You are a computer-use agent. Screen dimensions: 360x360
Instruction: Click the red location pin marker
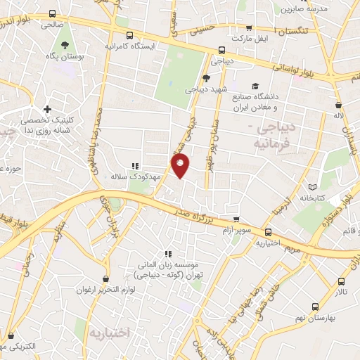pyautogui.click(x=181, y=166)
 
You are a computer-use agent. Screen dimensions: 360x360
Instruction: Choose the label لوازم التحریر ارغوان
pyautogui.click(x=105, y=289)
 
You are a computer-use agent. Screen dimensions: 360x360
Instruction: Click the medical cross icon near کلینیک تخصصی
pyautogui.click(x=47, y=109)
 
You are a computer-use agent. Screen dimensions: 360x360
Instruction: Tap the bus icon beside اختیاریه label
pyautogui.click(x=268, y=232)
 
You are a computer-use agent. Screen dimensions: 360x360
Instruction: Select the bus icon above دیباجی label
pyautogui.click(x=221, y=50)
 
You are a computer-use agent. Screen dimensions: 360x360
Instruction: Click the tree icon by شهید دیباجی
pyautogui.click(x=205, y=79)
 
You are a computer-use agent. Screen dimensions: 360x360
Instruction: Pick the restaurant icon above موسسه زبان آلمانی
pyautogui.click(x=167, y=253)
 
